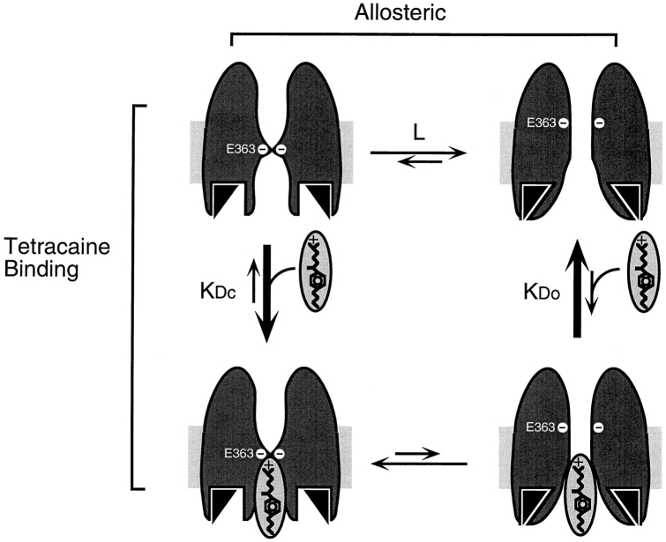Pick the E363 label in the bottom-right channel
(541, 427)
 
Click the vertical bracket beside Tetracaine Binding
(134, 295)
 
